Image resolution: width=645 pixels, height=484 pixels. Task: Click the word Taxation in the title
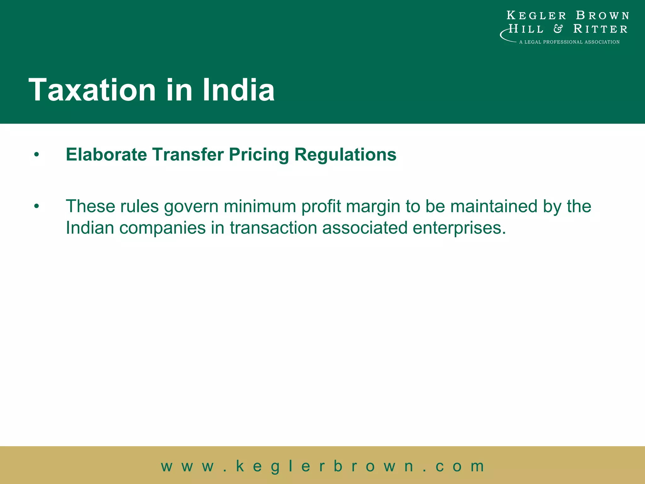coord(92,90)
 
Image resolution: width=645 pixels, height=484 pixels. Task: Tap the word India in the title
coord(238,90)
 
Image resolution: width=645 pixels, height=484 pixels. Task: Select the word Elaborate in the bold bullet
coord(106,155)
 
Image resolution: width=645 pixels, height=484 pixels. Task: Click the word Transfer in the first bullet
coord(188,155)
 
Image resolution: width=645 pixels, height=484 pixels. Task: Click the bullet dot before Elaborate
coord(37,155)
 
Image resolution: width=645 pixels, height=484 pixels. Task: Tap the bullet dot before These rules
coord(37,206)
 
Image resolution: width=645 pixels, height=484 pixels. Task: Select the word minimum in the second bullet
coord(260,206)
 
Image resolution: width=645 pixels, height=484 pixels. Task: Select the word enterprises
coord(459,228)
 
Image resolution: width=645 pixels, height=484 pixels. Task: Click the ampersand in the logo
coord(558,29)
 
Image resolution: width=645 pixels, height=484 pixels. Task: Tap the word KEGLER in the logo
coord(536,15)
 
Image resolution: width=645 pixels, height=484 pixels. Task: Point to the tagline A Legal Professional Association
coord(569,42)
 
